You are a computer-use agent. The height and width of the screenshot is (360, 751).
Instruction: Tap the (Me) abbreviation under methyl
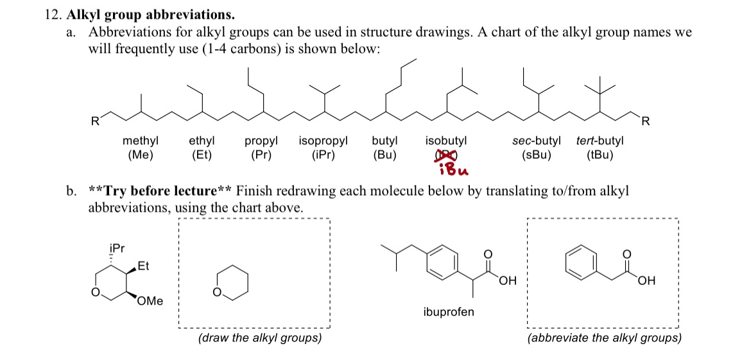141,155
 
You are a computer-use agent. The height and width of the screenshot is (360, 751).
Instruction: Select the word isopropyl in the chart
324,142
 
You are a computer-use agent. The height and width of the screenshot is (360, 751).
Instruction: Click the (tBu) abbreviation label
600,155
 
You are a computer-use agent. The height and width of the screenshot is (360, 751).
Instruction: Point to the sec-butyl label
537,141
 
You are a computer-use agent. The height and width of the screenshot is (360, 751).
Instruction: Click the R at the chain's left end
96,121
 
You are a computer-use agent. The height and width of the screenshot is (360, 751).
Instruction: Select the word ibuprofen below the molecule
449,313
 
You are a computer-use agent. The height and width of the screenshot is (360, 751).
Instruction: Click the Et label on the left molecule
142,266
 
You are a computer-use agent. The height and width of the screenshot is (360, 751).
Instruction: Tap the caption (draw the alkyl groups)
259,338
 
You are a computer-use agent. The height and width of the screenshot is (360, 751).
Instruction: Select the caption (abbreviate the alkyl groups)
604,338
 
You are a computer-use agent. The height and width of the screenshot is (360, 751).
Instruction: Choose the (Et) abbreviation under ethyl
202,155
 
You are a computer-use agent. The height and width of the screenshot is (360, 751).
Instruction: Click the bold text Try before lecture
161,191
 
